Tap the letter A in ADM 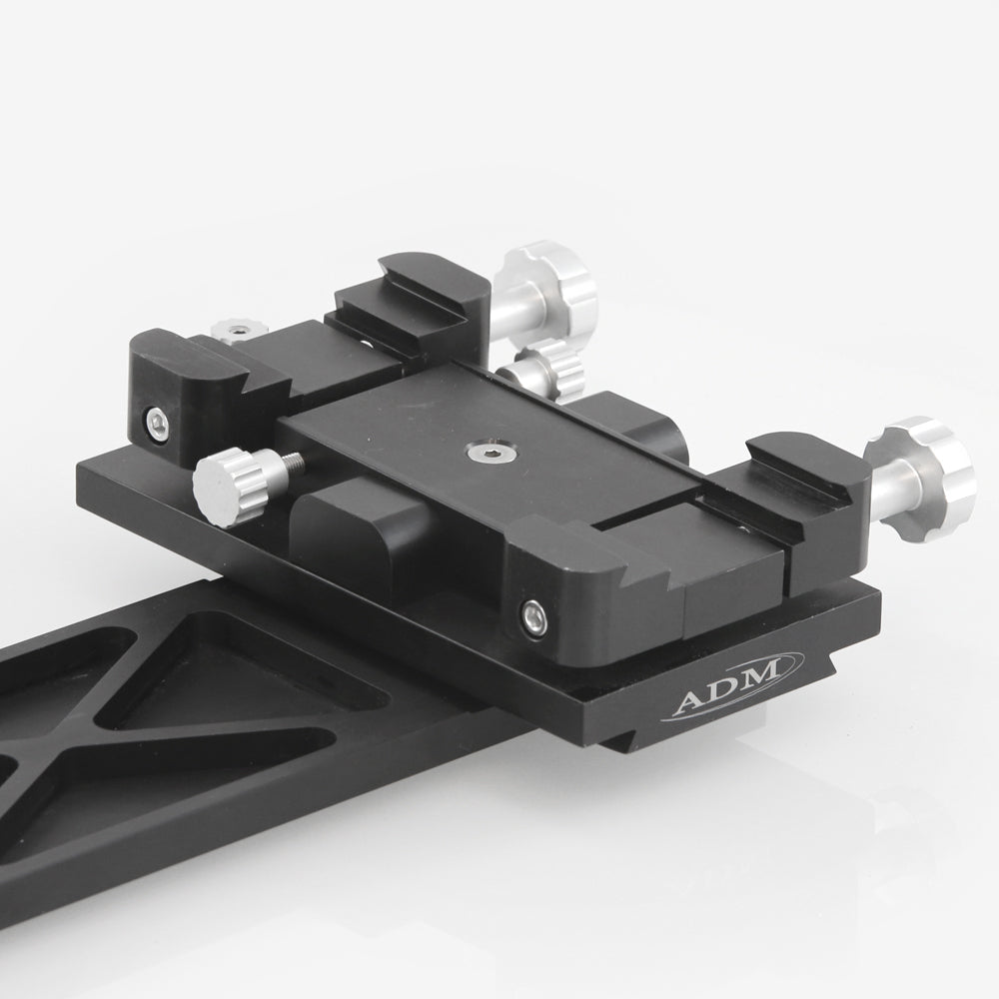(689, 705)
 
